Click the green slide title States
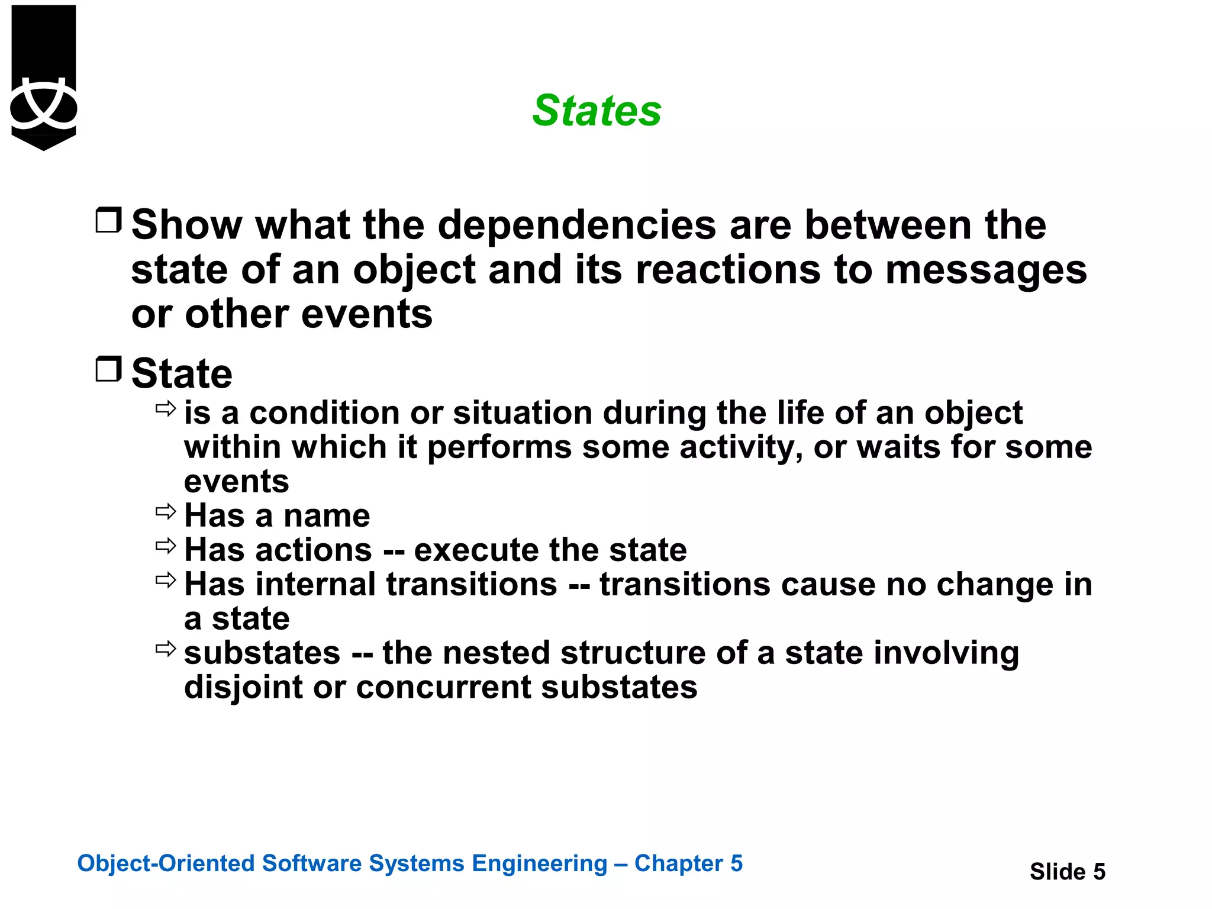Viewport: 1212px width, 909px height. (597, 111)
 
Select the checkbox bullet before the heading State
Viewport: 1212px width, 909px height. (108, 369)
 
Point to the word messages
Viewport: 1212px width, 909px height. (986, 270)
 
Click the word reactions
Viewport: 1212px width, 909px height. (729, 270)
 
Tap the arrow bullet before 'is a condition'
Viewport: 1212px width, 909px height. (166, 408)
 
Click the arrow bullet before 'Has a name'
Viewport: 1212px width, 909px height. (166, 511)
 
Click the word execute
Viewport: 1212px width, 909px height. (476, 550)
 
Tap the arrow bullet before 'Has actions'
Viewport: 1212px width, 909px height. (166, 546)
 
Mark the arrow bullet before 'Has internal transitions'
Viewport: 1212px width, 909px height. (166, 580)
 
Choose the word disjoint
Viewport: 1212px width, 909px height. (243, 688)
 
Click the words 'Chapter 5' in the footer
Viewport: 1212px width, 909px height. (688, 863)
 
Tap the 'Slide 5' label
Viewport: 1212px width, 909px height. (1067, 872)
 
